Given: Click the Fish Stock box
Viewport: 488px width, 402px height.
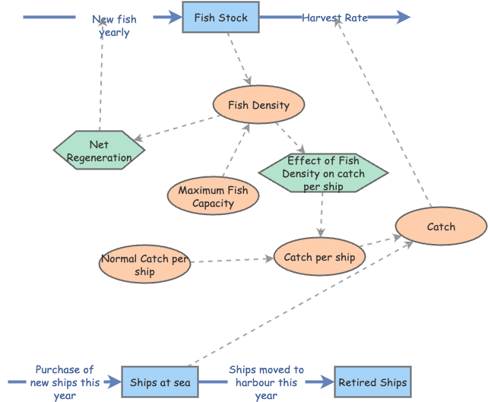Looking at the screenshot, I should coord(220,17).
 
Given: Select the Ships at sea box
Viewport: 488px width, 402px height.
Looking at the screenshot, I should coord(160,382).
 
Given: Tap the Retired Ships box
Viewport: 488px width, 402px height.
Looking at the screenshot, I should coord(372,382).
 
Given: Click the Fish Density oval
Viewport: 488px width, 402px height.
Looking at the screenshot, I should coord(258,105).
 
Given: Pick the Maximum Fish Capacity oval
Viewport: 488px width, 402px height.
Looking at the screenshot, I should coord(213,196).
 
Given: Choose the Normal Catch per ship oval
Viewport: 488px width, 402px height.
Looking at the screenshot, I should coord(144,264).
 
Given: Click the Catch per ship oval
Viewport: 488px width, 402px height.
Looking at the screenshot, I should coord(319,257).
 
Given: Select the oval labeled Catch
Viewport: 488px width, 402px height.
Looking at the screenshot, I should coord(441,226).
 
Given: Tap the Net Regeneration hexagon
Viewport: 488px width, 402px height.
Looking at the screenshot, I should coord(99,150).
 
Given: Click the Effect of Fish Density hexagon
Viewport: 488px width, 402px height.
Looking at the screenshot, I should coord(323,173).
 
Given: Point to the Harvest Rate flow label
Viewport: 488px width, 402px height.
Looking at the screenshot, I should coord(334,17).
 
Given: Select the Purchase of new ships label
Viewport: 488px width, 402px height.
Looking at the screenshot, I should coord(65,382).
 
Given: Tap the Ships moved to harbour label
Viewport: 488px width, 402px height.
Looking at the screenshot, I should coord(266,382).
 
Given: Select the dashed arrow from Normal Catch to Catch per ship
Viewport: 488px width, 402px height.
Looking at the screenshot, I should coord(232,260).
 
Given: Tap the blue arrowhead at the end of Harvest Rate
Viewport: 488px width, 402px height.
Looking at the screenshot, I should coord(403,17).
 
